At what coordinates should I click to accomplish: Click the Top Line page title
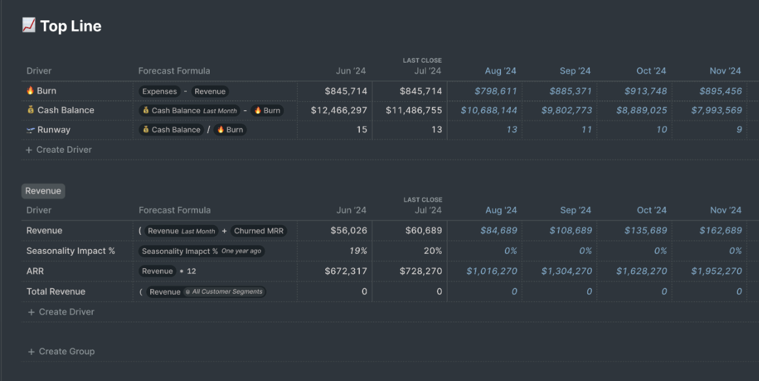coord(71,26)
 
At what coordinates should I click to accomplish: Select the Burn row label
coord(46,91)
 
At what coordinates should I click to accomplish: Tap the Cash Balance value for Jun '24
coord(338,110)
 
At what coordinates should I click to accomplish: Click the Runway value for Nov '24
coord(739,130)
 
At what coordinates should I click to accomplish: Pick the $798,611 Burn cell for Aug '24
coord(495,91)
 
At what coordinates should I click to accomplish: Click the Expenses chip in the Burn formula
coord(159,91)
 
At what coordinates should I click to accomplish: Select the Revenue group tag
coord(43,191)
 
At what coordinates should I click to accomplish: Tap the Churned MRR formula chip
coord(259,231)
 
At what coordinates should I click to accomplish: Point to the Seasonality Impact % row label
coord(71,251)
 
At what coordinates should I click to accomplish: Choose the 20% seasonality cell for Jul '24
coord(433,251)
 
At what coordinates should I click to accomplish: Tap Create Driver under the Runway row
coord(63,149)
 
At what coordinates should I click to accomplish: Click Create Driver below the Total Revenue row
coord(66,312)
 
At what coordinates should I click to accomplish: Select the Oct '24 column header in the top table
coord(651,70)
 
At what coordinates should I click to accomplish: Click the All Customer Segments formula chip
coord(224,292)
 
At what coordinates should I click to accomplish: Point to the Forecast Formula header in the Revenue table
coord(174,210)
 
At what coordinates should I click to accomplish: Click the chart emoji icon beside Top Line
coord(28,25)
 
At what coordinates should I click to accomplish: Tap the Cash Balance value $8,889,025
coord(641,110)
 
